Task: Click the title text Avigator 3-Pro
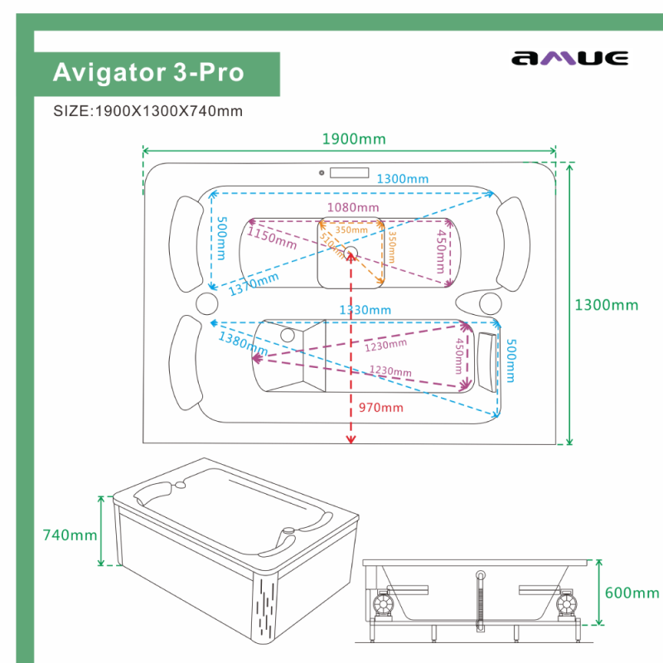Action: pyautogui.click(x=148, y=72)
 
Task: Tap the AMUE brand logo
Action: pyautogui.click(x=569, y=58)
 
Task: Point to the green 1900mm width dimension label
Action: pyautogui.click(x=353, y=139)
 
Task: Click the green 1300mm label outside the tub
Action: pyautogui.click(x=606, y=305)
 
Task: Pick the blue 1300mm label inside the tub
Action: pyautogui.click(x=403, y=179)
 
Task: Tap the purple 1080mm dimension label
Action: pyautogui.click(x=352, y=206)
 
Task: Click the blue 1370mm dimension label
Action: pyautogui.click(x=254, y=284)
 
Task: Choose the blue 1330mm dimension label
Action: pyautogui.click(x=365, y=310)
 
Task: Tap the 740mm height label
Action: pyautogui.click(x=70, y=535)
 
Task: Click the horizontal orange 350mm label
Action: pyautogui.click(x=351, y=230)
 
